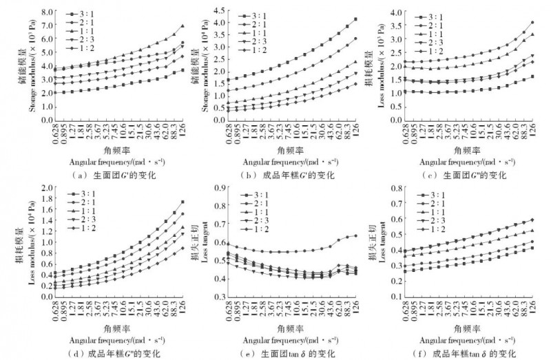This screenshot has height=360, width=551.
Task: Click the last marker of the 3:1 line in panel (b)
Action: point(355,19)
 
